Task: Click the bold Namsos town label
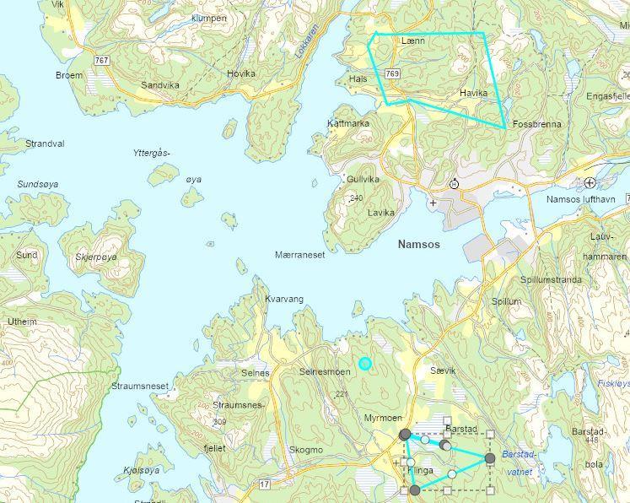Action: point(419,244)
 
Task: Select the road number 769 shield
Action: point(392,74)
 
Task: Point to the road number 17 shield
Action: point(264,484)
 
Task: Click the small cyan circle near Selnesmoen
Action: point(364,364)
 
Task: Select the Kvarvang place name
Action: point(283,299)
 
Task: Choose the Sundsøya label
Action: point(36,183)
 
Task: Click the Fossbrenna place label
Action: point(536,124)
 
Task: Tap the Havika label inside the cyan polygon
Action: point(475,93)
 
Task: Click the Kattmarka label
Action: point(347,123)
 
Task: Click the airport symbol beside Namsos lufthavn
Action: point(590,182)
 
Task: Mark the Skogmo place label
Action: point(305,450)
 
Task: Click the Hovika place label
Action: point(240,73)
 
